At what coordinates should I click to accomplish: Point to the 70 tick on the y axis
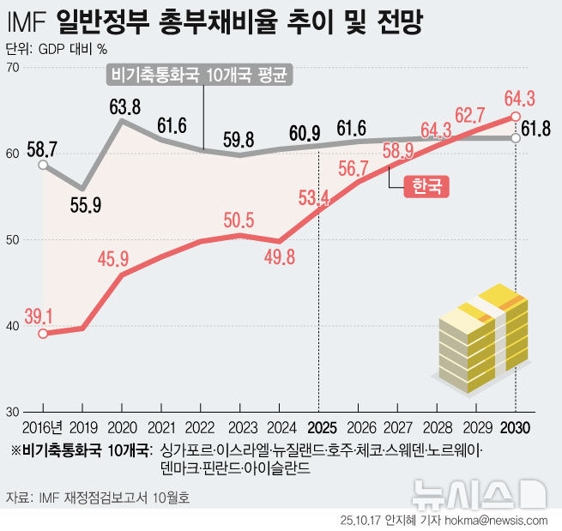click(12, 67)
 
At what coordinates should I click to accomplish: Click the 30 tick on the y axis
click(12, 412)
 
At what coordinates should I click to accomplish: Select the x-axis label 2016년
click(42, 427)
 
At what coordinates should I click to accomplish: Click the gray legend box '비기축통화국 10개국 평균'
click(200, 75)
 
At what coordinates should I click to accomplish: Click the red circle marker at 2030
click(515, 117)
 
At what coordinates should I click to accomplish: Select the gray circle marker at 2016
click(43, 164)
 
